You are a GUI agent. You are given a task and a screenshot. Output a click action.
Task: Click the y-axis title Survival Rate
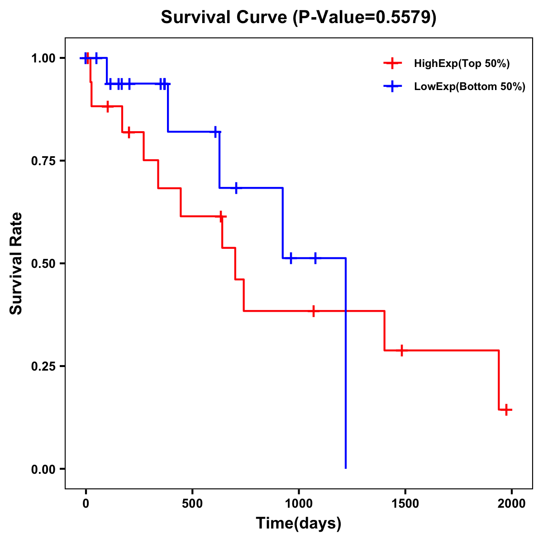point(16,263)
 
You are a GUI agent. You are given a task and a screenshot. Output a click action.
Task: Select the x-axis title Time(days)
point(299,524)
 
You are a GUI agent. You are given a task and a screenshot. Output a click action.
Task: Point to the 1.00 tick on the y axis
point(43,58)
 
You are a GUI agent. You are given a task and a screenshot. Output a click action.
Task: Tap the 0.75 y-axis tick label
point(43,161)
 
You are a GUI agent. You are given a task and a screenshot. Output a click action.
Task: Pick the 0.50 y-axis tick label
point(43,263)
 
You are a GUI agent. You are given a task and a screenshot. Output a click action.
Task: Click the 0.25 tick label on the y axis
point(43,366)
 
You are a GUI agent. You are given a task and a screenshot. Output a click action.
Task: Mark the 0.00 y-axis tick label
point(43,469)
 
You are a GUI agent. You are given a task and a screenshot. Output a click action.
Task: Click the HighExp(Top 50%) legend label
point(462,64)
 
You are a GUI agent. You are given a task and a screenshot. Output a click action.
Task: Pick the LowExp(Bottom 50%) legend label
point(470,87)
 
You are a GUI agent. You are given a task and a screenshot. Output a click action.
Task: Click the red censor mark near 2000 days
point(506,410)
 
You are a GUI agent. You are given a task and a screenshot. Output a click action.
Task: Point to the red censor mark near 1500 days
point(401,350)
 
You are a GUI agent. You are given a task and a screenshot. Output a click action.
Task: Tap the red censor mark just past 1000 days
point(313,311)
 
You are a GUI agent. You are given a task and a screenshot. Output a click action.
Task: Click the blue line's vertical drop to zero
point(346,362)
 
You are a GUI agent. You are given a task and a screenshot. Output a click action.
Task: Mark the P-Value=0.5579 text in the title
point(365,18)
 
